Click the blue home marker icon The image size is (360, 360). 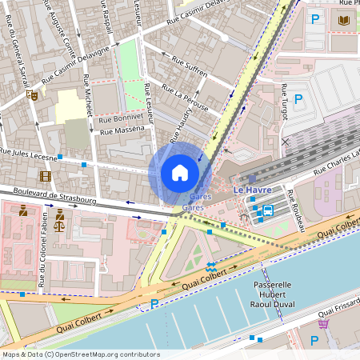pyautogui.click(x=180, y=173)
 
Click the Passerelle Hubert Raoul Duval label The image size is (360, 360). pyautogui.click(x=274, y=294)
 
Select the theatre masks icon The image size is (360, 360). pyautogui.click(x=33, y=94)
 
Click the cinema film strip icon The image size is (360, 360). pyautogui.click(x=45, y=176)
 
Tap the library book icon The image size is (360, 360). pyautogui.click(x=345, y=20)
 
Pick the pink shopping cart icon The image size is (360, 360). pyautogui.click(x=323, y=324)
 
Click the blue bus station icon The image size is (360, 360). pyautogui.click(x=268, y=211)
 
